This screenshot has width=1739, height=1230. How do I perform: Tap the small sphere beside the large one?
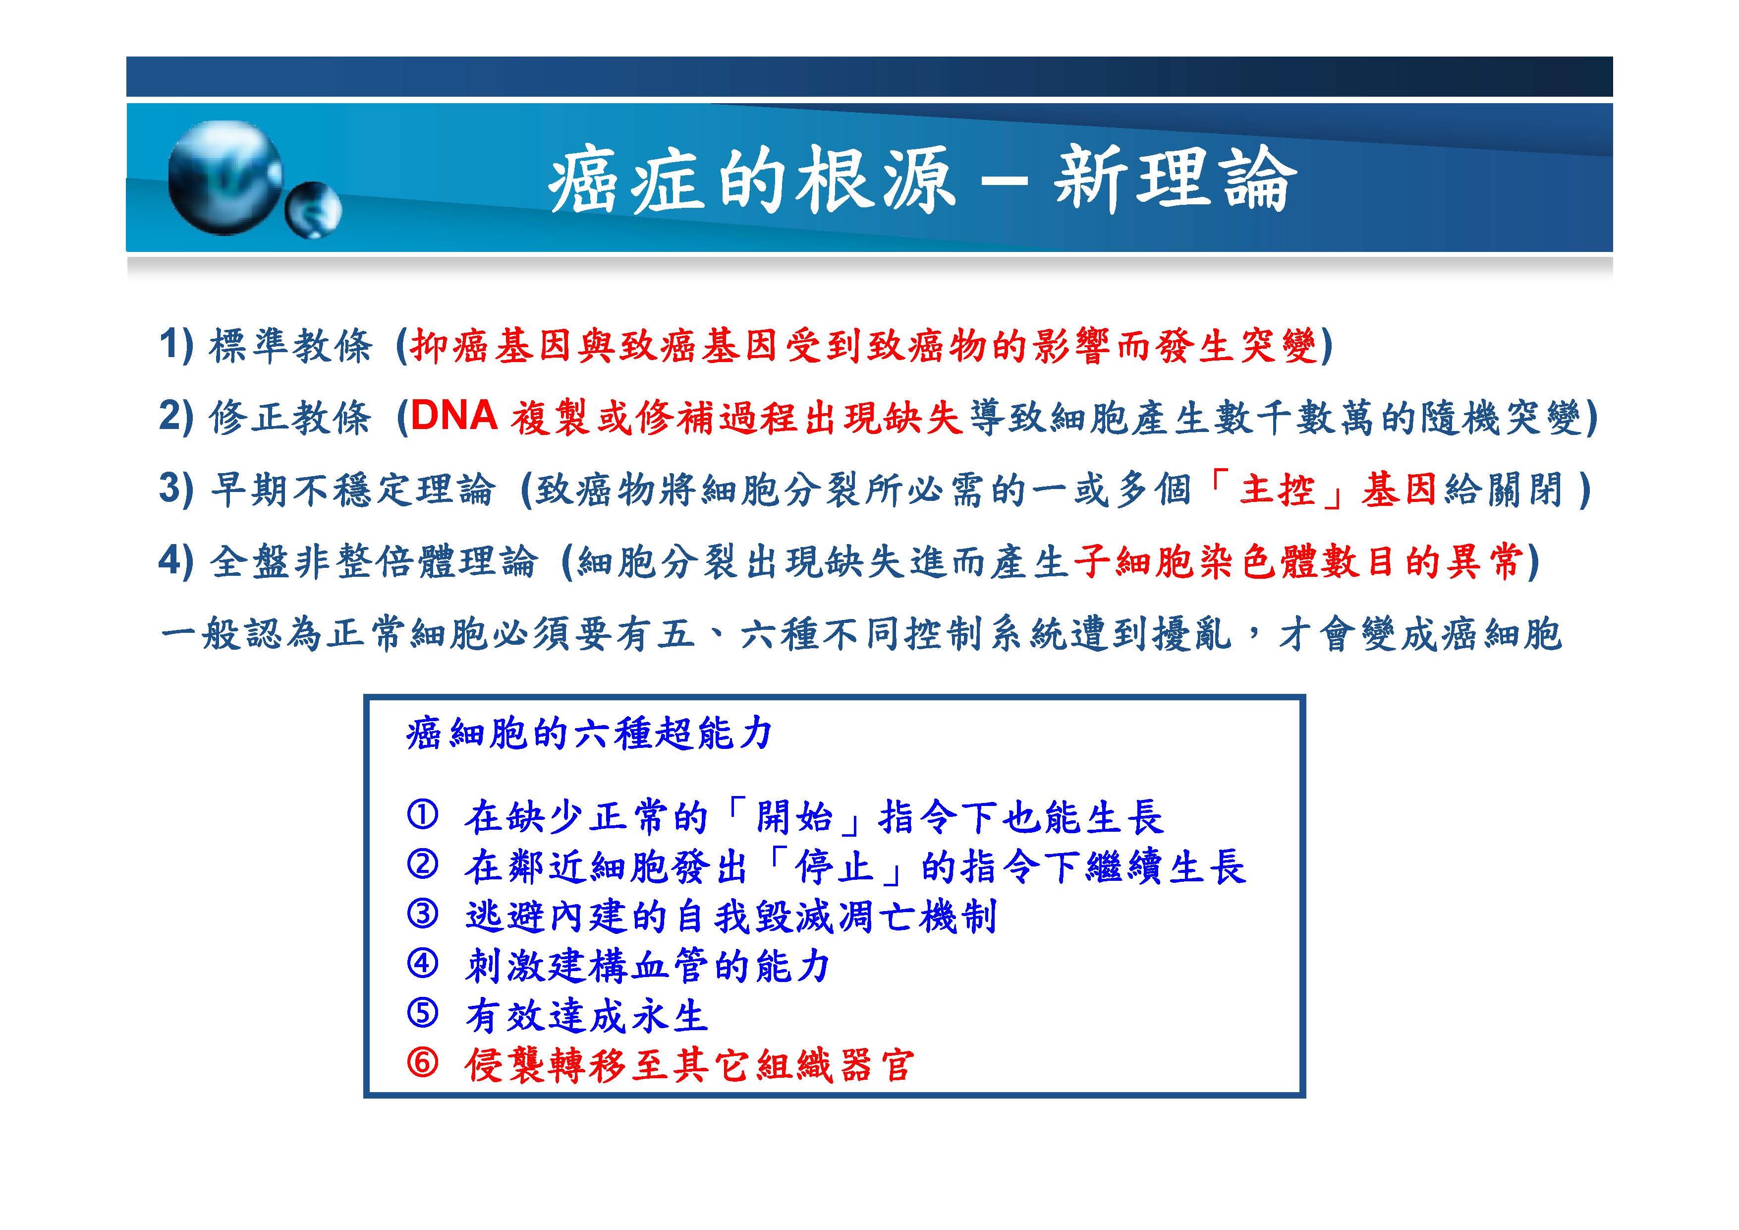313,210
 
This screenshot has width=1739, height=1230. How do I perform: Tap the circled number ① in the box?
423,815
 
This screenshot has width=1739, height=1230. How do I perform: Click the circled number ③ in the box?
423,914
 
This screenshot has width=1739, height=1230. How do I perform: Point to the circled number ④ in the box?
423,964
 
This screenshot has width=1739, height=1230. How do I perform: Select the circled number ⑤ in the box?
423,1013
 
